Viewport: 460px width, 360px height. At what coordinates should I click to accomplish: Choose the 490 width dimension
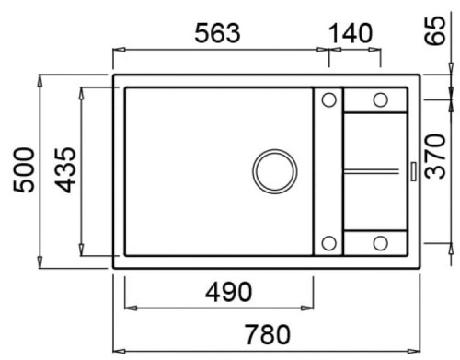click(222, 294)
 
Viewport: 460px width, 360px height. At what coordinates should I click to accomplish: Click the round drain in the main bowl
click(273, 171)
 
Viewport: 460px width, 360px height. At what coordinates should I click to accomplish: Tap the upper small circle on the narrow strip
click(328, 99)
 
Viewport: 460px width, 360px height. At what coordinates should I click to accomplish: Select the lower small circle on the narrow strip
click(328, 243)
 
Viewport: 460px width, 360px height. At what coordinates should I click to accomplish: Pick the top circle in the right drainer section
click(379, 99)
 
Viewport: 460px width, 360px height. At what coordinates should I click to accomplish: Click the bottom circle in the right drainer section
click(379, 243)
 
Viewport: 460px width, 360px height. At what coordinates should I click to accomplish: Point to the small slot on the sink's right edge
click(413, 171)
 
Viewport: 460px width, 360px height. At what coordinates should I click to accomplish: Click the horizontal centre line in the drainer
click(373, 170)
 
